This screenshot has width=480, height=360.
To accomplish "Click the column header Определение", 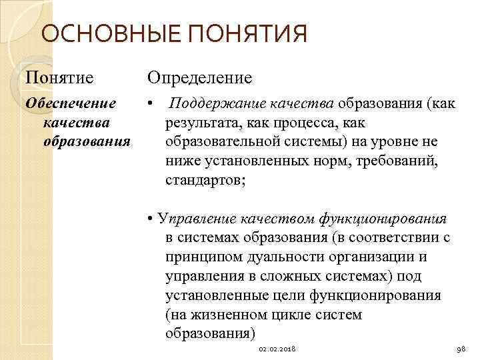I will point(199,78).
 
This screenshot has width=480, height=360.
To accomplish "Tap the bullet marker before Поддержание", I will point(153,105).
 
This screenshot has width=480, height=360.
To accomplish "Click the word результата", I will point(199,123).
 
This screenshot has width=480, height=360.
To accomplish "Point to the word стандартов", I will point(204,180).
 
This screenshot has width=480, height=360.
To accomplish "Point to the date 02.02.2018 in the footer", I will point(277,349).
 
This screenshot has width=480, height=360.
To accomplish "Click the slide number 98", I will point(459,349).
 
